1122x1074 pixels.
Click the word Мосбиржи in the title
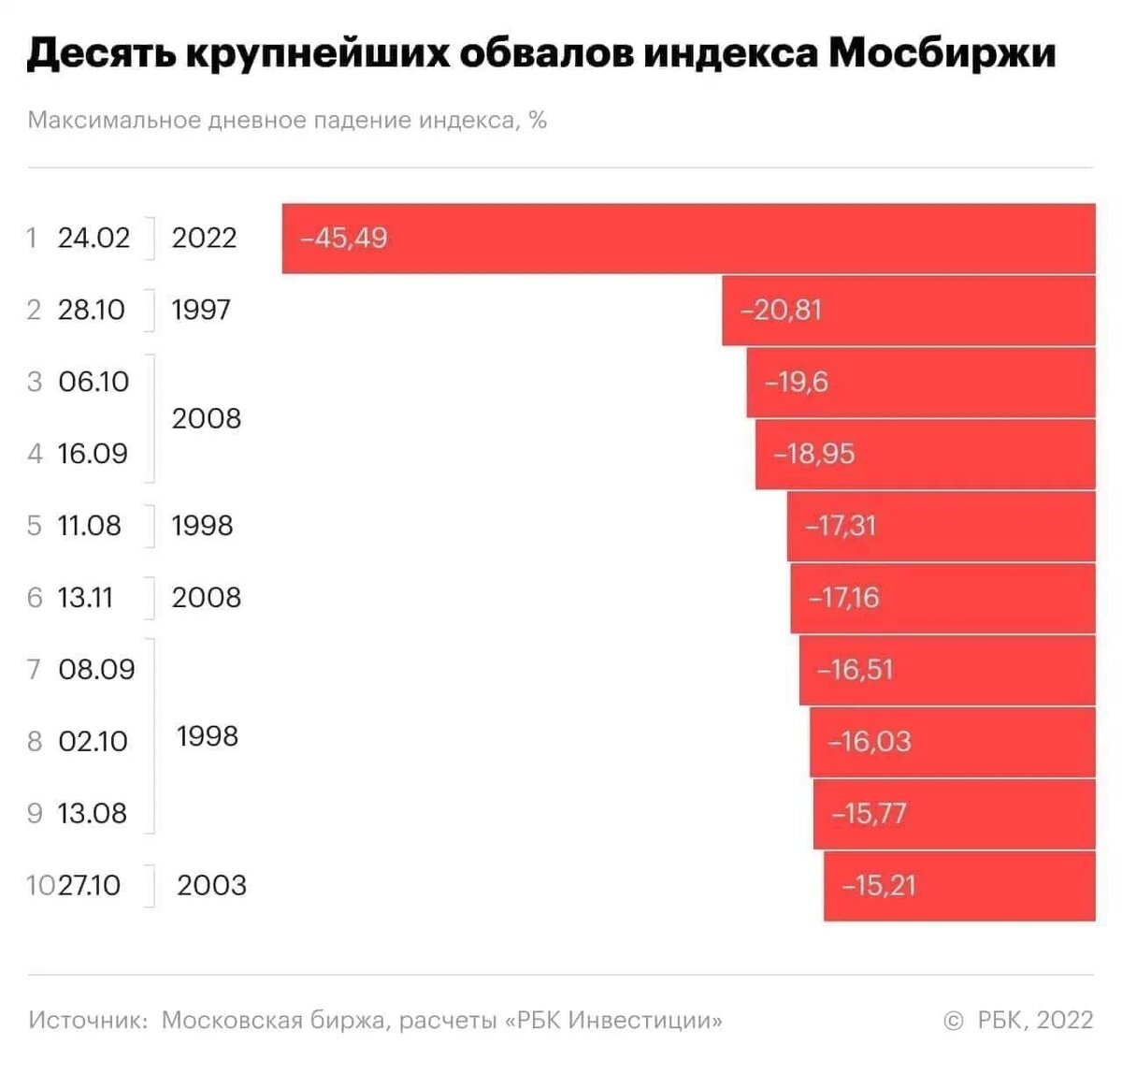tap(942, 53)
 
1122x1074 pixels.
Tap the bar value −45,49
tap(343, 238)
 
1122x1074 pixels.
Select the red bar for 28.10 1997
tap(907, 310)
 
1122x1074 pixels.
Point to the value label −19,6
tap(796, 382)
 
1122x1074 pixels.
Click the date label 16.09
tap(93, 454)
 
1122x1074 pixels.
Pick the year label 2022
tap(204, 238)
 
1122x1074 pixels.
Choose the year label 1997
tap(200, 310)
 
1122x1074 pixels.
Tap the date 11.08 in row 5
tap(89, 526)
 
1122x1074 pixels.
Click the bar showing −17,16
tap(942, 598)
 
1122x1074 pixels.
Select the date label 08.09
tap(96, 670)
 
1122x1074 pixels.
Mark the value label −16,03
tap(869, 742)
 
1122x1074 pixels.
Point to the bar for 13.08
tap(954, 814)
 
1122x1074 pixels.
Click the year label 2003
tap(211, 885)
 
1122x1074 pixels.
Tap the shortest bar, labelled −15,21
tap(959, 886)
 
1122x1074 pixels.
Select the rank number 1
tap(33, 238)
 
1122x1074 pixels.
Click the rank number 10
tap(41, 885)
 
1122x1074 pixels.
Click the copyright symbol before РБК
tap(954, 1021)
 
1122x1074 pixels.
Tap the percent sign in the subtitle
tap(537, 121)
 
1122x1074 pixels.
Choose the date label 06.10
tap(93, 382)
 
